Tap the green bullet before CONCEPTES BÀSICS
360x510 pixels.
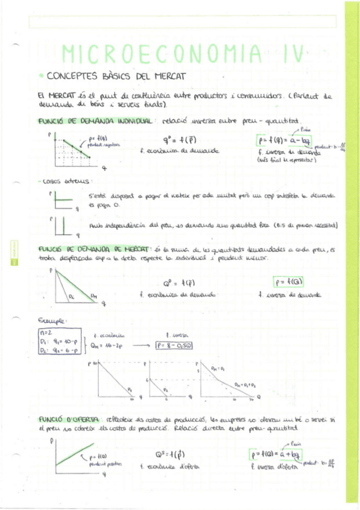pos(40,76)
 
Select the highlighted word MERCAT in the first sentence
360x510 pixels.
pos(63,95)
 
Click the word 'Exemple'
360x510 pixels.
pos(50,321)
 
